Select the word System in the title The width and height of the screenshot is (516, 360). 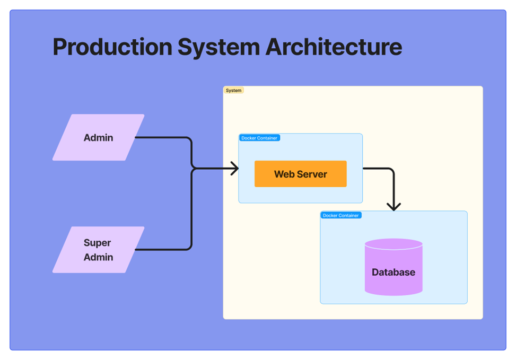click(x=218, y=47)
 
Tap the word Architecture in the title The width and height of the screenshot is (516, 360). click(x=334, y=47)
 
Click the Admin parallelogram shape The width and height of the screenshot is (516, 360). click(x=98, y=137)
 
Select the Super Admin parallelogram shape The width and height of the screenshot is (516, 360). click(x=98, y=250)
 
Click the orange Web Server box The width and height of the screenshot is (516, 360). click(x=300, y=174)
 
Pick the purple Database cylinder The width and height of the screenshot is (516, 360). click(x=393, y=268)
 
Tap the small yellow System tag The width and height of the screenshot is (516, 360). click(x=233, y=91)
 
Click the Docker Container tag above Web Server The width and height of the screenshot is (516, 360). click(x=259, y=138)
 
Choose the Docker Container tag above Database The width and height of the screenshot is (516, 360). click(x=341, y=215)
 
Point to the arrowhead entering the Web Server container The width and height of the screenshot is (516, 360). click(x=234, y=169)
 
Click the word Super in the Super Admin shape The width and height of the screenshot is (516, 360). click(x=97, y=243)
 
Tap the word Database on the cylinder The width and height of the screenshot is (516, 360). click(x=393, y=273)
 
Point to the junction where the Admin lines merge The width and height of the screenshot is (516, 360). click(x=193, y=169)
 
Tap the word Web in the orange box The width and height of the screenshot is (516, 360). click(x=284, y=174)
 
